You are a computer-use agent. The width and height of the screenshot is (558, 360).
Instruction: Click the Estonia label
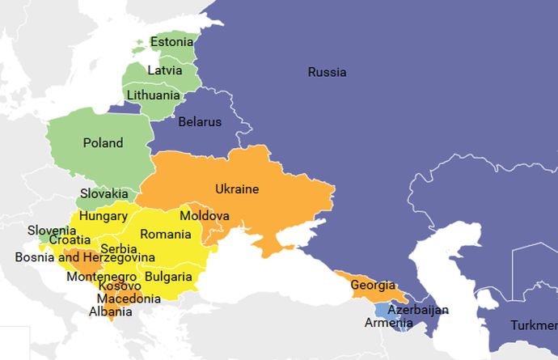point(171,42)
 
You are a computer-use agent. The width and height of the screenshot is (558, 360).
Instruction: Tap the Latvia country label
point(165,70)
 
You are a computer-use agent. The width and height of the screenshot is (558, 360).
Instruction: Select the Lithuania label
point(153,95)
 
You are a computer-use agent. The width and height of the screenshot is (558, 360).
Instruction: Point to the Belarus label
point(199,122)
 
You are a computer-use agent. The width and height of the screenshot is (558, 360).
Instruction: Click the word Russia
point(327,72)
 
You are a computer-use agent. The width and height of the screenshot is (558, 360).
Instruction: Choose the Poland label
point(103,143)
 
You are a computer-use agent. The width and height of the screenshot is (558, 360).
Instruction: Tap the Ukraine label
point(237,189)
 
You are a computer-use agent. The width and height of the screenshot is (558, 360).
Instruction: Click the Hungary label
point(103,216)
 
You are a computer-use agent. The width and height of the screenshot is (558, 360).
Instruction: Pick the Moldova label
point(204,216)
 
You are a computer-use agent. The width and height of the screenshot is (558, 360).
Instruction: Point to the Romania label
point(165,235)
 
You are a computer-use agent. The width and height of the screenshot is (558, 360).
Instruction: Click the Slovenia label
point(52,231)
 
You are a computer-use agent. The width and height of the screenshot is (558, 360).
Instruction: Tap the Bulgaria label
point(168,277)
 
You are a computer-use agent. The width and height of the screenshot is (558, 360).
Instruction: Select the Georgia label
point(373,286)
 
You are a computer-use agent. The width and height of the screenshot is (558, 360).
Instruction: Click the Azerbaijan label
point(417,310)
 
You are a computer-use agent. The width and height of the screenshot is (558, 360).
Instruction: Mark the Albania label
point(111,311)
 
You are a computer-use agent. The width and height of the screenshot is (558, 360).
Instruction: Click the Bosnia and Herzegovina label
point(85,257)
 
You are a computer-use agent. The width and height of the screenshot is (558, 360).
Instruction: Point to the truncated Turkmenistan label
point(534,325)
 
